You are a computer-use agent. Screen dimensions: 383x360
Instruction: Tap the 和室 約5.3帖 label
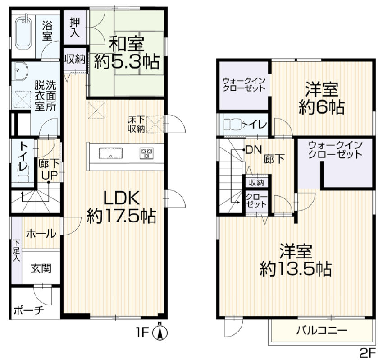coord(127,52)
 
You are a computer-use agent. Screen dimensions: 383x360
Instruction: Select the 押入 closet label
coord(75,28)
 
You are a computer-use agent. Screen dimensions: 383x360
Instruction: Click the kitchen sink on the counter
coord(111,153)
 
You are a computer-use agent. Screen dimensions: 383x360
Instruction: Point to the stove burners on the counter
coord(146,153)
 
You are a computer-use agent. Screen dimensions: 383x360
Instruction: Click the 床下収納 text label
coord(136,124)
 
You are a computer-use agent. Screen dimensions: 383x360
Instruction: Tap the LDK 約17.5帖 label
coord(121,207)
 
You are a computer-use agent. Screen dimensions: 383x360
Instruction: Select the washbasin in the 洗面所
coord(21,71)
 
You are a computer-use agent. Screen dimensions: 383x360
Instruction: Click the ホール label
coord(41,234)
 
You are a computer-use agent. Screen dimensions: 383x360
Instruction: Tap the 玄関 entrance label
coord(41,268)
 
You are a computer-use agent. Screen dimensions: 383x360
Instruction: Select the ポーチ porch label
coord(28,310)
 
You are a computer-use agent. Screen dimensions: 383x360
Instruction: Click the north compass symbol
coord(160,332)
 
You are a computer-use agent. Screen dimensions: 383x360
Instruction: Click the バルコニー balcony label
coord(322,331)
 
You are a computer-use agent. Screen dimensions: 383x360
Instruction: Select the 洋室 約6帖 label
coord(322,99)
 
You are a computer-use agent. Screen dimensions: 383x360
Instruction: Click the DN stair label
coord(254,150)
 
